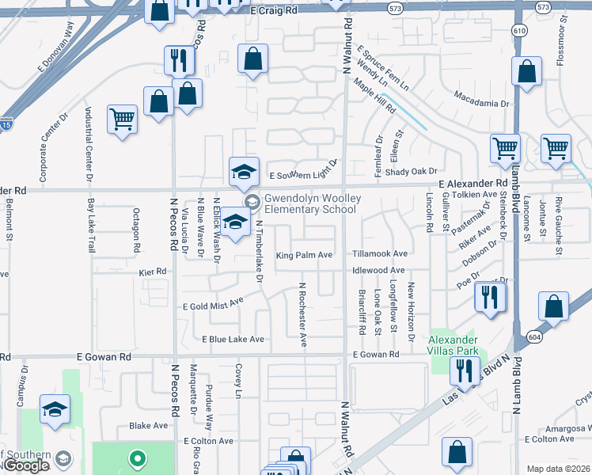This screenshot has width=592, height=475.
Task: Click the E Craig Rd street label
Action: (x=273, y=10)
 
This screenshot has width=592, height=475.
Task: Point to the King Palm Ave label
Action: (x=304, y=255)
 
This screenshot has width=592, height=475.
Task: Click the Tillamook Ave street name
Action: (x=380, y=254)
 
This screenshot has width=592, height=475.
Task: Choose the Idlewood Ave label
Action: (x=379, y=270)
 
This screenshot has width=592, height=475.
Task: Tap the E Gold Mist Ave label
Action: (x=213, y=305)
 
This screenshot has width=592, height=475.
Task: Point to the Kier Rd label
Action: (x=153, y=271)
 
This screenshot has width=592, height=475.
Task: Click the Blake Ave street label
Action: (x=149, y=425)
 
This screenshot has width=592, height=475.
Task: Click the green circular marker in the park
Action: (x=137, y=458)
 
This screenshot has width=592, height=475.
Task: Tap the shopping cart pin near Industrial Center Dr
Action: (x=122, y=120)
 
